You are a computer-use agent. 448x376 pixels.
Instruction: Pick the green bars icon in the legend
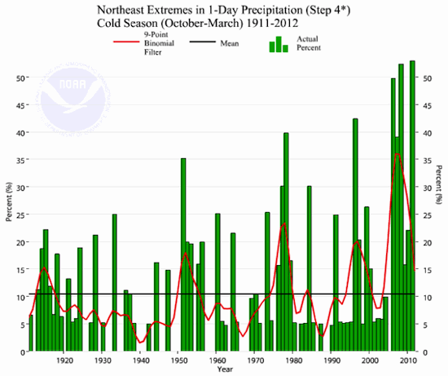pyautogui.click(x=279, y=43)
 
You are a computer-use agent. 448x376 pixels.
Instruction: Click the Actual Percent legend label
pyautogui.click(x=309, y=43)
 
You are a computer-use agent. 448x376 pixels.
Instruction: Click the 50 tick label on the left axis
pyautogui.click(x=19, y=78)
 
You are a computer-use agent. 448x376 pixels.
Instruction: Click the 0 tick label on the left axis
pyautogui.click(x=21, y=352)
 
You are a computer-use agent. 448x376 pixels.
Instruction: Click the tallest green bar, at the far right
pyautogui.click(x=412, y=204)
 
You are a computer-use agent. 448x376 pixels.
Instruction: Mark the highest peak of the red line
pyautogui.click(x=397, y=153)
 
